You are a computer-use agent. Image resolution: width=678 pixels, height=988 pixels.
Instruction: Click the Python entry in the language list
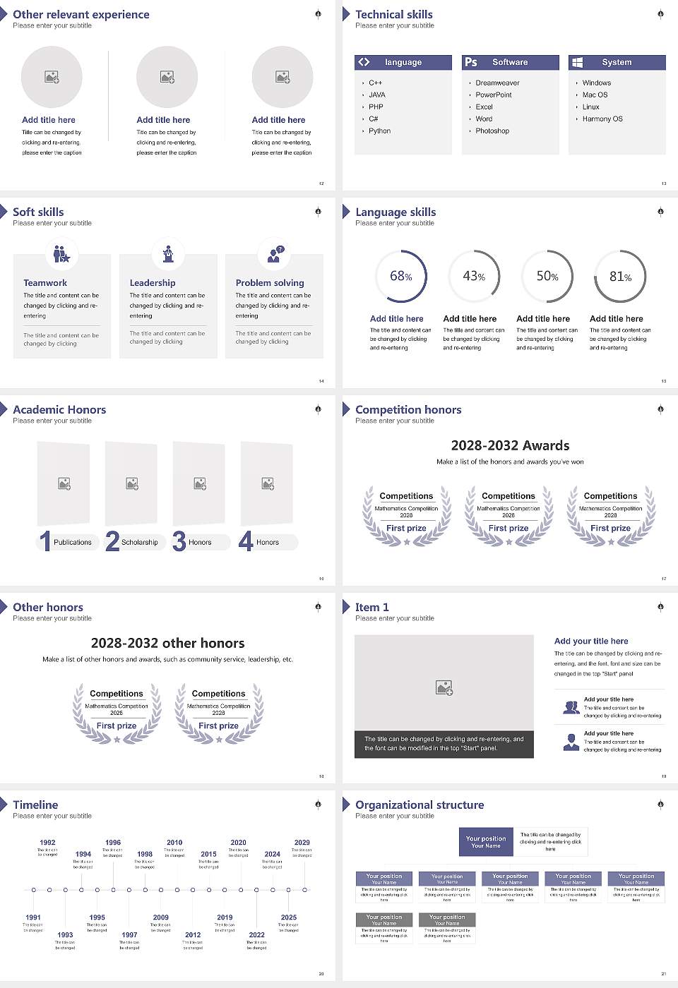tap(379, 131)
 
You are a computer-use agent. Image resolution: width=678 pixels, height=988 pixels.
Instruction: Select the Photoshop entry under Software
tap(492, 131)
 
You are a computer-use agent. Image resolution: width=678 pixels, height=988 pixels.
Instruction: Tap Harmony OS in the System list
tap(602, 119)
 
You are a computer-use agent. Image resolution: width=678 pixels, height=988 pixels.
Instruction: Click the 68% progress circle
tap(401, 276)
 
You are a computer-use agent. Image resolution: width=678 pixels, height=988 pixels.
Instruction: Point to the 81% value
tap(620, 277)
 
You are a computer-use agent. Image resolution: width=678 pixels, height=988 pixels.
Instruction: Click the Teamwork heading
tap(45, 283)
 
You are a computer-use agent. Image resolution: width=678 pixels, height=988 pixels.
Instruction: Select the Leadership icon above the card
tap(168, 253)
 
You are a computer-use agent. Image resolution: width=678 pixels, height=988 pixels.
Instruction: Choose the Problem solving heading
tap(270, 283)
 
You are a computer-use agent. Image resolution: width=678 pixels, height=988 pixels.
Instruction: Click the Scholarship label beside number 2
tap(139, 543)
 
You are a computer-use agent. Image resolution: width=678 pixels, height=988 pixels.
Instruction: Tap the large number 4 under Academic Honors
tap(246, 541)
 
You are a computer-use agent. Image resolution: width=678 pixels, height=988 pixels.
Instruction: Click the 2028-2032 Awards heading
tap(510, 445)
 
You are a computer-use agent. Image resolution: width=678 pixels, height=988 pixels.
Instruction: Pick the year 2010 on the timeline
tap(174, 843)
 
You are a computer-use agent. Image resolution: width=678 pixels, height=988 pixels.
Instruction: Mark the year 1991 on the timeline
tap(33, 918)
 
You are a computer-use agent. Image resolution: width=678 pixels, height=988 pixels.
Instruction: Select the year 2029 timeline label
tap(302, 843)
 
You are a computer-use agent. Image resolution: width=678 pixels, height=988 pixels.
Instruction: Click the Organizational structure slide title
tap(420, 805)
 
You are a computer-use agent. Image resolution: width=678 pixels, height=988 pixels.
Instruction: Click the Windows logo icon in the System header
tap(577, 62)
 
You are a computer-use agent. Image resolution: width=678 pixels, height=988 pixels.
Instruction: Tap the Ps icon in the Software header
tap(471, 62)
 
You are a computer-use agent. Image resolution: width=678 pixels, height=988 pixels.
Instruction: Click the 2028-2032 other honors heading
tap(168, 643)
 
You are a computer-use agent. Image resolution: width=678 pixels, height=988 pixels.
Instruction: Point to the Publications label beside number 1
tap(73, 543)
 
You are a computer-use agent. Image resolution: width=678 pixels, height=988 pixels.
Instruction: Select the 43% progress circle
tap(474, 276)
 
